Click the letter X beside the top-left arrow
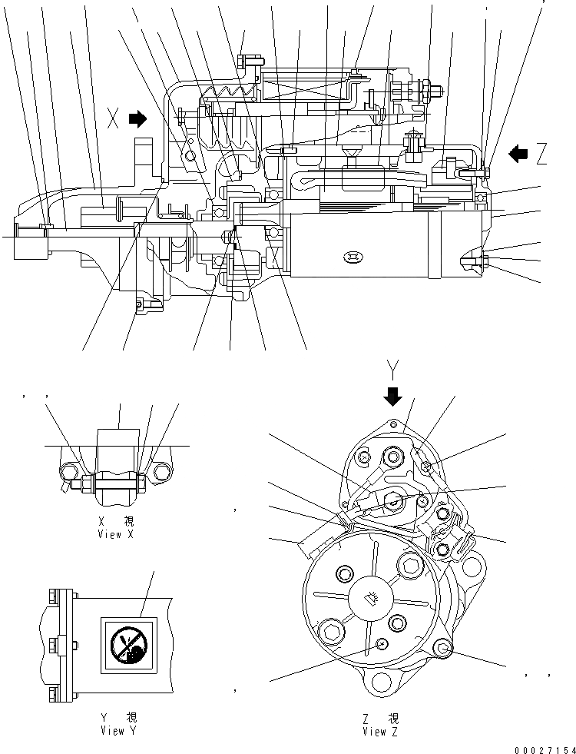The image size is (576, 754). [114, 119]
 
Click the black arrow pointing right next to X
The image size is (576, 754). [137, 118]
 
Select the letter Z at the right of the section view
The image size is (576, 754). [541, 154]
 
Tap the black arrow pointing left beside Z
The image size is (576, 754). [519, 154]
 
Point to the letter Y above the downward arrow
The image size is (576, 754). [393, 373]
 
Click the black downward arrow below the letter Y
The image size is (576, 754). [393, 396]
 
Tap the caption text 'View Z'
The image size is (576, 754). [381, 732]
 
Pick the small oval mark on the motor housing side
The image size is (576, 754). [354, 256]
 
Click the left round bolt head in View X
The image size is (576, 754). [70, 473]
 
